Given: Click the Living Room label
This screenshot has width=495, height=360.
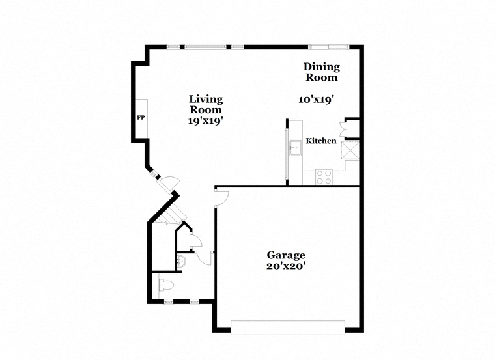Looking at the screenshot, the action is tap(206, 104).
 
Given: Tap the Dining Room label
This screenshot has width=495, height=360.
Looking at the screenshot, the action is tap(321, 72).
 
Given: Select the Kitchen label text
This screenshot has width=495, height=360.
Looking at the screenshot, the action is tap(321, 141).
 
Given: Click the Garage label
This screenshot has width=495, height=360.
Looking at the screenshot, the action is tap(286, 255).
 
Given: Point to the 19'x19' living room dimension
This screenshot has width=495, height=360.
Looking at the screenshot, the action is tap(206, 120).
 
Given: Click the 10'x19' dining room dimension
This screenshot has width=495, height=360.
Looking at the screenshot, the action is tap(317, 100).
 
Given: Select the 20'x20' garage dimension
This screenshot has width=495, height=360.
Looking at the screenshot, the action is tap(286, 266).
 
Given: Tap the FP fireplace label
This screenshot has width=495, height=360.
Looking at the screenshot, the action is tap(141, 118).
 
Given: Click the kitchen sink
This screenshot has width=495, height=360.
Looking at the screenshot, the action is tap(296, 148).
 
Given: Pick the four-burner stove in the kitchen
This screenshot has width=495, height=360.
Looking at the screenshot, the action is tap(324, 176).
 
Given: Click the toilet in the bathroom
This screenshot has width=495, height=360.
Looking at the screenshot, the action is tap(166, 285).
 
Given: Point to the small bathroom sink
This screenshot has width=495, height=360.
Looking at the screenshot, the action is tap(182, 262).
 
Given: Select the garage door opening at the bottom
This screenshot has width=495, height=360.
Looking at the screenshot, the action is tap(288, 327).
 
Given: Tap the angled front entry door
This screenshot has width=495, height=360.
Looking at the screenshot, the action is tap(169, 185).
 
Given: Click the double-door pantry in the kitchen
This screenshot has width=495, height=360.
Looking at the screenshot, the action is tap(343, 128).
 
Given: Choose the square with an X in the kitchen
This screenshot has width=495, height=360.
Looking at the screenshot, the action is tap(350, 150).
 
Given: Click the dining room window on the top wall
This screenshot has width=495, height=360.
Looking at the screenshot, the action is tap(329, 48).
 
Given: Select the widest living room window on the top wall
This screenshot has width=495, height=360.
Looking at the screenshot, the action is tap(206, 47).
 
